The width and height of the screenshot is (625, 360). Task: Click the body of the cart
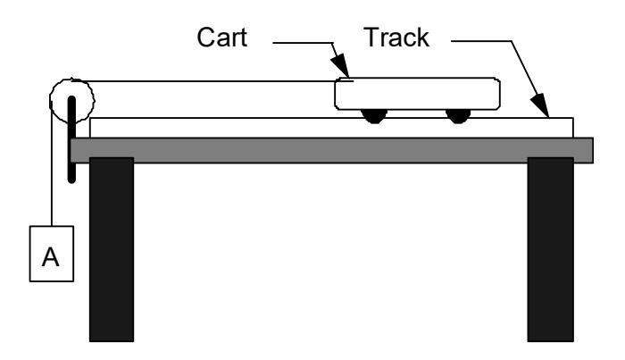click(416, 93)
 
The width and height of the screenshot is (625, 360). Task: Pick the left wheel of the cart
click(373, 114)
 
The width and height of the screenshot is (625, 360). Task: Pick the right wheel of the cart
click(458, 114)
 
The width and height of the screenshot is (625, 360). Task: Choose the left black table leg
click(112, 250)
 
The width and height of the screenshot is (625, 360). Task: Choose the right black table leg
click(549, 250)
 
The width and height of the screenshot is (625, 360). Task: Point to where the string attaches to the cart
click(335, 82)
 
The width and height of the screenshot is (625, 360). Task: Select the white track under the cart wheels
click(223, 128)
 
